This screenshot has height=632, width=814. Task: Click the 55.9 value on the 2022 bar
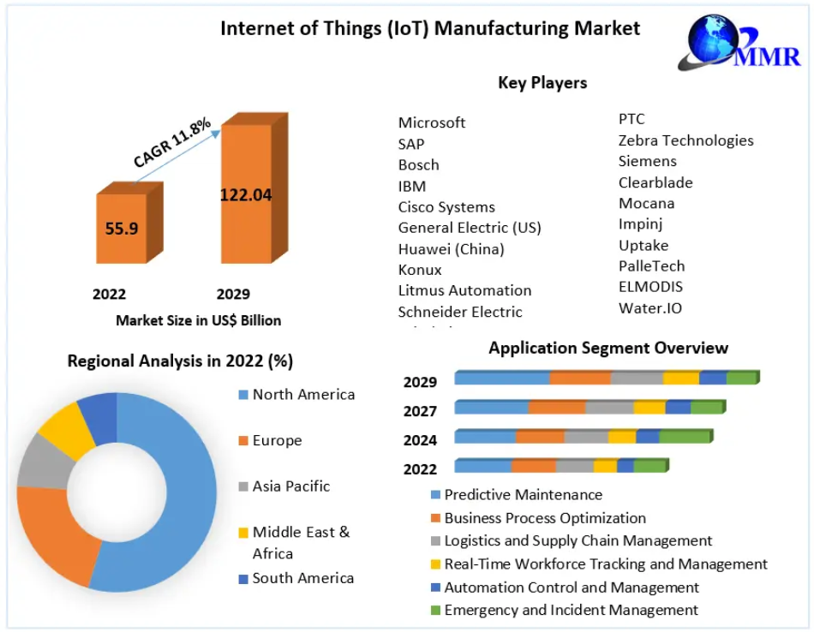pos(120,229)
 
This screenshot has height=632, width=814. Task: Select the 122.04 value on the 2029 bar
pos(246,194)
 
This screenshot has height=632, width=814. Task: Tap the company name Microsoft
pos(432,122)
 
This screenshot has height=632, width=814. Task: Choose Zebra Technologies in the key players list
pos(685,140)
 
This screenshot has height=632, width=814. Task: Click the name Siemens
pos(647,161)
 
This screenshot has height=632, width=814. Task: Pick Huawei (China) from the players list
pos(451,249)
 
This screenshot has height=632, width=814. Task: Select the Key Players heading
pos(542,83)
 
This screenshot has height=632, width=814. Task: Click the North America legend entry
pos(302,395)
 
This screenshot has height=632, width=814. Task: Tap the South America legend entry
pos(302,578)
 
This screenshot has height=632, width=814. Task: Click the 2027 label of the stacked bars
pos(420,411)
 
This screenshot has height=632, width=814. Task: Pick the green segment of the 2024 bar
pos(684,437)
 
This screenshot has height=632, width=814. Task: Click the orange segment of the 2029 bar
pos(580,378)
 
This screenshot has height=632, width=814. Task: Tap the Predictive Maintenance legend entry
pos(522,495)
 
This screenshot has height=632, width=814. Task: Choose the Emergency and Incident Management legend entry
pos(571,610)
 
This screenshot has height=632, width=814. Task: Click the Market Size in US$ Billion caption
pos(198,321)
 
